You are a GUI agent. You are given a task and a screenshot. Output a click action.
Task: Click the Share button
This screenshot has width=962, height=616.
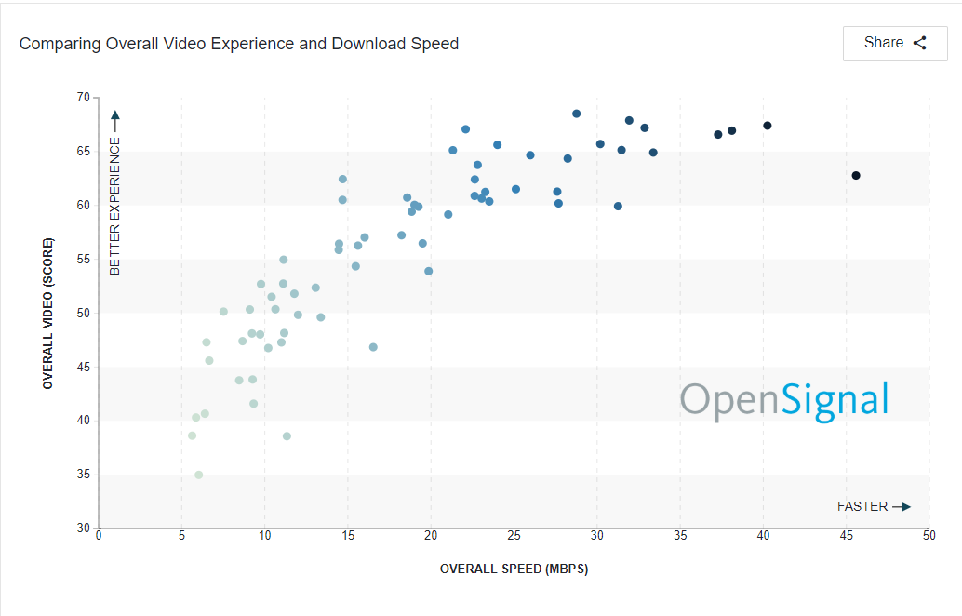(894, 43)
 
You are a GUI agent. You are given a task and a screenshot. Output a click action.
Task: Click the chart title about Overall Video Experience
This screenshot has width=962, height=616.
(239, 44)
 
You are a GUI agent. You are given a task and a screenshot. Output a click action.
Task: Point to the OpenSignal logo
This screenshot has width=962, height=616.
(783, 399)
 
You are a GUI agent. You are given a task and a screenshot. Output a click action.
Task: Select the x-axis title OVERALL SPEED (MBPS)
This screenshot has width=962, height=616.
(514, 569)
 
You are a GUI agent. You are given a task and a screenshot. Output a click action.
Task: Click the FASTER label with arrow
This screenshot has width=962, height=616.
(873, 507)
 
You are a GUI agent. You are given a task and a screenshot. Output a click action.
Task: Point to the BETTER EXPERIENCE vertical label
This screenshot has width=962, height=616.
(115, 207)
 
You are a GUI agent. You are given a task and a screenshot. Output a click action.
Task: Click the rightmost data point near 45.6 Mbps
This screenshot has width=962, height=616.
(856, 176)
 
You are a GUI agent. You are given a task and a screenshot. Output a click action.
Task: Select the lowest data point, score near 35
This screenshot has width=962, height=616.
(198, 475)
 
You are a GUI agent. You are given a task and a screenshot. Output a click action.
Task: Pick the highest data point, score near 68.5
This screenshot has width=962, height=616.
(576, 114)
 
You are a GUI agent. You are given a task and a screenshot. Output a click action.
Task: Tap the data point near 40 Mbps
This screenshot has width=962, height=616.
(768, 126)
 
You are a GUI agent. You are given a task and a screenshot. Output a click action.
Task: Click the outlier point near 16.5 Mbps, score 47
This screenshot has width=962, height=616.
(373, 347)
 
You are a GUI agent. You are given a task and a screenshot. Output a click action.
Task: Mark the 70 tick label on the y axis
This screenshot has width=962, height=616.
(84, 98)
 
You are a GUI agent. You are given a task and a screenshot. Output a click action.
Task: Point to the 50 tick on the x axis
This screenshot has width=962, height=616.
(929, 536)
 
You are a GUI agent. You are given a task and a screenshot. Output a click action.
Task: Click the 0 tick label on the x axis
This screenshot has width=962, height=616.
(99, 536)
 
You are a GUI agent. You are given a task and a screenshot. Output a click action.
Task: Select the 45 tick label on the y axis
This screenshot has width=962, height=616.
(84, 367)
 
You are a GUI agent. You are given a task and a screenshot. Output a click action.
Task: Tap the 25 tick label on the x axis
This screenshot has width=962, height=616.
(514, 536)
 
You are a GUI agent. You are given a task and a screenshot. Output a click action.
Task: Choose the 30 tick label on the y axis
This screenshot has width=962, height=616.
(84, 528)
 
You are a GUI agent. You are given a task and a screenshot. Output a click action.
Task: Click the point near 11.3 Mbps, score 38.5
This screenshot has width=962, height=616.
(287, 436)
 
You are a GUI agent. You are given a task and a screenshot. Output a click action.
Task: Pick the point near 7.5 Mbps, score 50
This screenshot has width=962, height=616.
(223, 312)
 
